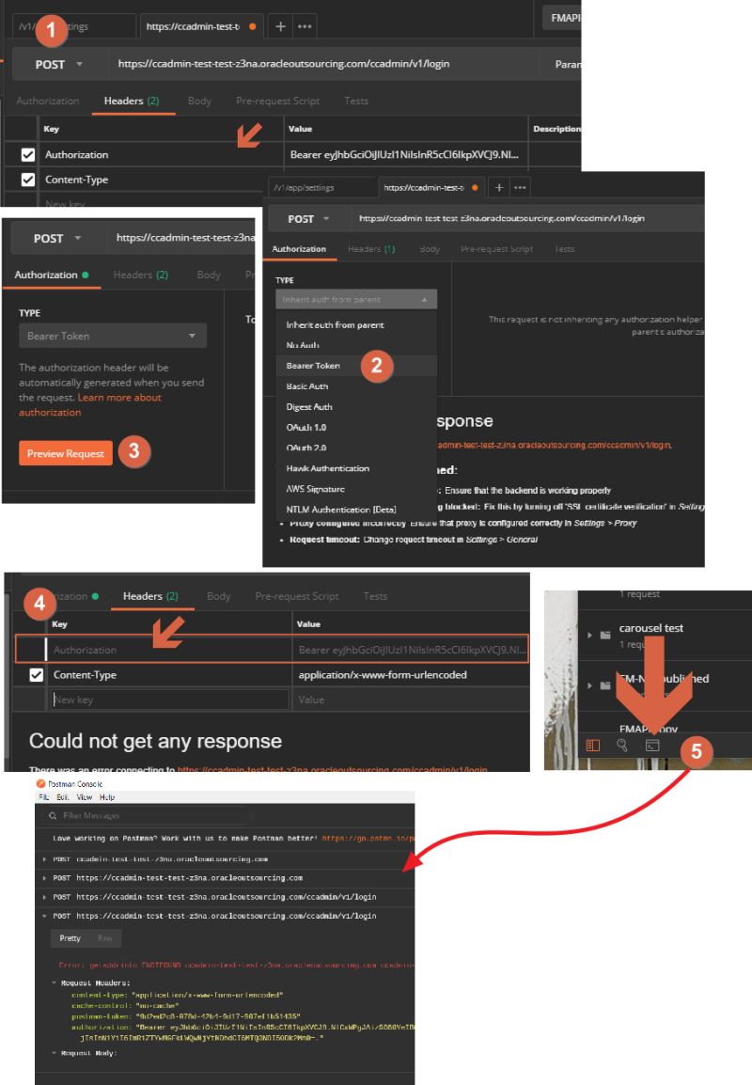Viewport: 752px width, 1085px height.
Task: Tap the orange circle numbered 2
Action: click(377, 366)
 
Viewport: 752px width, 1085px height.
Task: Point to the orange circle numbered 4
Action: click(39, 603)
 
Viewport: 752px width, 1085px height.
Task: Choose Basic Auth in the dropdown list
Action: click(306, 386)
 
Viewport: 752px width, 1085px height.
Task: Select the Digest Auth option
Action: click(309, 407)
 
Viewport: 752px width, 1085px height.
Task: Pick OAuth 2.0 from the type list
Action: click(306, 448)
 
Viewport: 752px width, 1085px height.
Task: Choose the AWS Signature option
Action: click(315, 489)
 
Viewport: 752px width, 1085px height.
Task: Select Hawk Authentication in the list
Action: click(327, 468)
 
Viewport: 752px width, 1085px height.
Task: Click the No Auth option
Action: click(303, 345)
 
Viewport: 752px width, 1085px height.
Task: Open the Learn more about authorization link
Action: click(89, 405)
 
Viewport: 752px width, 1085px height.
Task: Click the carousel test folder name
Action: click(650, 628)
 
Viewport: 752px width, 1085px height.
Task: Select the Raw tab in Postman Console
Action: click(105, 938)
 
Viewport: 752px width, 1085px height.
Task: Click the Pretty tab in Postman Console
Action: click(70, 938)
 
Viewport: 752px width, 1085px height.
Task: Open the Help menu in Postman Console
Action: click(107, 796)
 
